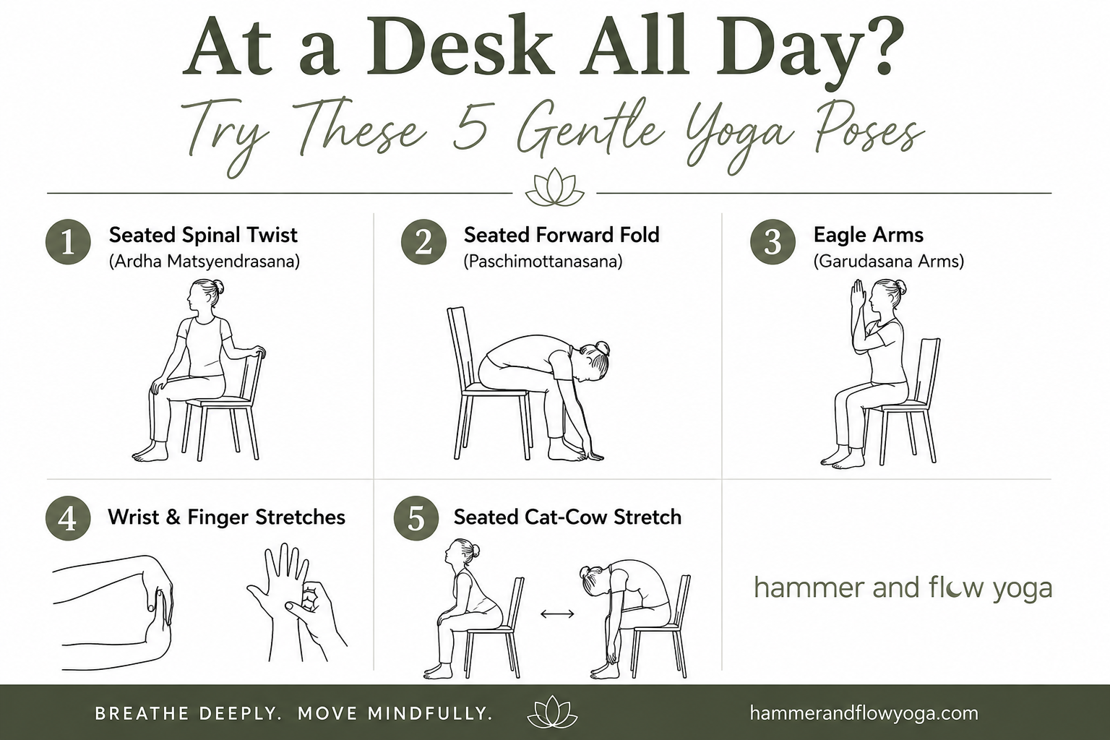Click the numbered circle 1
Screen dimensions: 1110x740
point(68,242)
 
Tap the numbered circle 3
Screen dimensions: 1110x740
point(773,242)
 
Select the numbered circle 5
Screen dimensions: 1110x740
point(416,518)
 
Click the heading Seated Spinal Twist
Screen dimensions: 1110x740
point(203,235)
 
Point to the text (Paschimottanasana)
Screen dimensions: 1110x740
point(543,261)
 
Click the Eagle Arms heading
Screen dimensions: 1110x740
point(868,235)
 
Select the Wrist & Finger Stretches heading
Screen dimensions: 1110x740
point(226,517)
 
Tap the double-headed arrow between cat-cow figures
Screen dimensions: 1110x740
point(557,614)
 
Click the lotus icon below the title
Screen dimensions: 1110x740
point(554,187)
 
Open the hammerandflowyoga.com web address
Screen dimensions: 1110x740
point(864,714)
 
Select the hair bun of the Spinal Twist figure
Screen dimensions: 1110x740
point(218,287)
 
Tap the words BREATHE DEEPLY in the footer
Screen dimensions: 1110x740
point(189,714)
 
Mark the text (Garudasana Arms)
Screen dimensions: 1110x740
point(889,261)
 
